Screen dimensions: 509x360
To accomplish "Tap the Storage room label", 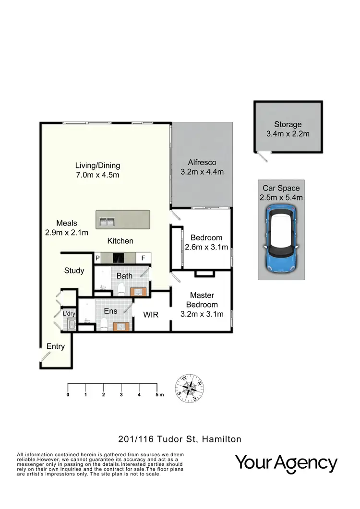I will click(x=288, y=124).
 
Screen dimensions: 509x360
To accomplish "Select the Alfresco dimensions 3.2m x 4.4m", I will click(x=202, y=172).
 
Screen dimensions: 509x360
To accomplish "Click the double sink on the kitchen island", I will click(x=108, y=222).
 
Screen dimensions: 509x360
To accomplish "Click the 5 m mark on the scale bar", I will click(x=157, y=395).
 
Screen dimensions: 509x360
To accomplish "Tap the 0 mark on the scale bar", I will click(x=68, y=395).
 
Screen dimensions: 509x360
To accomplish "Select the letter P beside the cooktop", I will click(x=97, y=258).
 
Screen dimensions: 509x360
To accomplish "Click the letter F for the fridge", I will click(x=143, y=258).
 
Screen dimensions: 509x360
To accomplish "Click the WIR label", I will click(x=151, y=315).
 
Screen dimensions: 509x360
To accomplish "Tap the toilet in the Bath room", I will click(x=121, y=289).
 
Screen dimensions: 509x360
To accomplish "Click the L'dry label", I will click(x=69, y=314).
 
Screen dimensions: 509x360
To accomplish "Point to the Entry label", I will click(x=55, y=346).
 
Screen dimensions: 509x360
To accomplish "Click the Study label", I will click(x=74, y=271).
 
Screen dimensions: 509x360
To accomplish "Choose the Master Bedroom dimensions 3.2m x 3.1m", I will click(x=202, y=315).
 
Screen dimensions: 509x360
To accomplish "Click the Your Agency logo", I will click(x=286, y=463).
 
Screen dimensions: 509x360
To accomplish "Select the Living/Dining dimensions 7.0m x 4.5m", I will click(x=97, y=175).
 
